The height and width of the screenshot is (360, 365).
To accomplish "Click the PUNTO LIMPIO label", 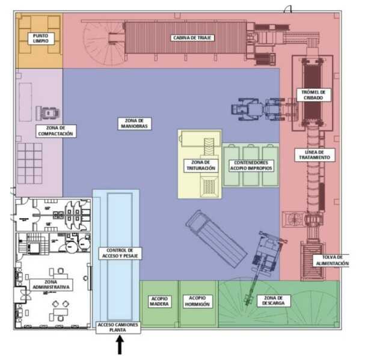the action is pos(41,38).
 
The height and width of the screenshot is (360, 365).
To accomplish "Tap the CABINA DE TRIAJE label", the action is pos(192,38).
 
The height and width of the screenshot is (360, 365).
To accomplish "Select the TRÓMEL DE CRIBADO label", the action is pos(313,95).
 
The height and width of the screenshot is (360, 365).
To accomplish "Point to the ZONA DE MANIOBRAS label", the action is pos(134,123).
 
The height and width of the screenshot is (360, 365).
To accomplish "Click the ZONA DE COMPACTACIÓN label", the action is pos(56,131).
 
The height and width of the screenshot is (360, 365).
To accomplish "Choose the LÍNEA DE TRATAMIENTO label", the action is pos(314,154).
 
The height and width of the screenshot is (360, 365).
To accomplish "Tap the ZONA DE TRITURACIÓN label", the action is pos(201,165).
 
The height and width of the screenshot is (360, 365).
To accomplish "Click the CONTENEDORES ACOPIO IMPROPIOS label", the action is pos(251,165).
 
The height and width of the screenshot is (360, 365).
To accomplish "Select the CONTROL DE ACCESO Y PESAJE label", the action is pos(120,253).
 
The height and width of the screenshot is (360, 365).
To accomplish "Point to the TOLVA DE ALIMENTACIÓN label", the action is pos(332,260).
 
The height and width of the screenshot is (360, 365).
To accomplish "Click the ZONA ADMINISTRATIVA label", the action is pos(51,285).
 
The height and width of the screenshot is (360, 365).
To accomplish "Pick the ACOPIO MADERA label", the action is pos(159,301).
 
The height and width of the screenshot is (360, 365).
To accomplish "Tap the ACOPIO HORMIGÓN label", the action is pos(197,301).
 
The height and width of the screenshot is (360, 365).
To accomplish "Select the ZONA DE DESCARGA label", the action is pos(274,301).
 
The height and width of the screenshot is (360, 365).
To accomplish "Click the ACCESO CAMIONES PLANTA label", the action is pos(118,328).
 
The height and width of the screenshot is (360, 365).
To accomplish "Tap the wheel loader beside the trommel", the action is pos(259,109).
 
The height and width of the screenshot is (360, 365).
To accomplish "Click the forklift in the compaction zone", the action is pos(48,114).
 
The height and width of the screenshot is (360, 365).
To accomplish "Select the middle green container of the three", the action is pos(251,165).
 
